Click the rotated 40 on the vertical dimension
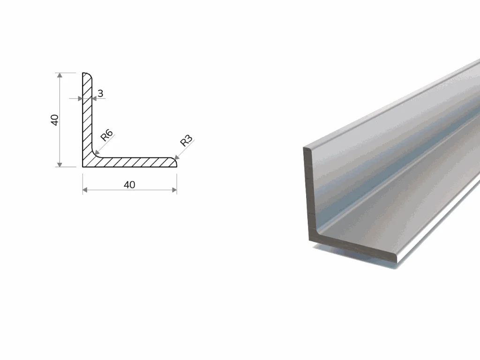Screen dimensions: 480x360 (54, 120)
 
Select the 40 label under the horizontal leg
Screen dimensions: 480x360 (129, 185)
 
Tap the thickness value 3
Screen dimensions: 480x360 (100, 93)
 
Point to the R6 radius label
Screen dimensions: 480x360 (107, 135)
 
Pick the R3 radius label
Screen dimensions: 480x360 (187, 141)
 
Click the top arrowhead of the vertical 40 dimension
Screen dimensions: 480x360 (60, 75)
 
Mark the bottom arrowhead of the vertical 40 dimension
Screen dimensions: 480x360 (60, 165)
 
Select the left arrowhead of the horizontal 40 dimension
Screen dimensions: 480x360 (85, 190)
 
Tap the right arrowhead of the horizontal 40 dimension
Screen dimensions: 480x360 (174, 190)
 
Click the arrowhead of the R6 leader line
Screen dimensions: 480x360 (97, 152)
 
